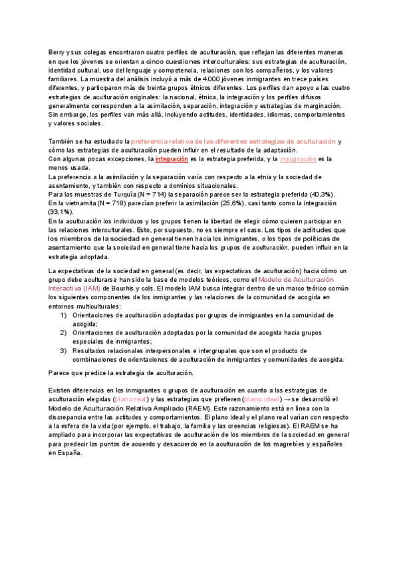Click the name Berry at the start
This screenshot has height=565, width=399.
click(57, 52)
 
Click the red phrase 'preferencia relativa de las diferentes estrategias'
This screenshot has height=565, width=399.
click(233, 141)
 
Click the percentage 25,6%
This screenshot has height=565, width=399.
click(251, 203)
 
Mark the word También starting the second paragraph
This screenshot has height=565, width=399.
click(63, 141)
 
